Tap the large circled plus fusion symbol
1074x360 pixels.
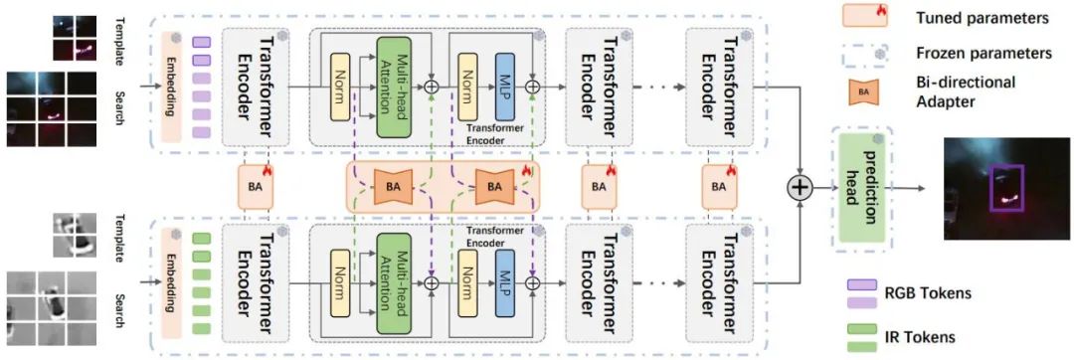[800, 186]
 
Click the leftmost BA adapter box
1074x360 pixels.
[253, 186]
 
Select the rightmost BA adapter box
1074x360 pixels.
[718, 186]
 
